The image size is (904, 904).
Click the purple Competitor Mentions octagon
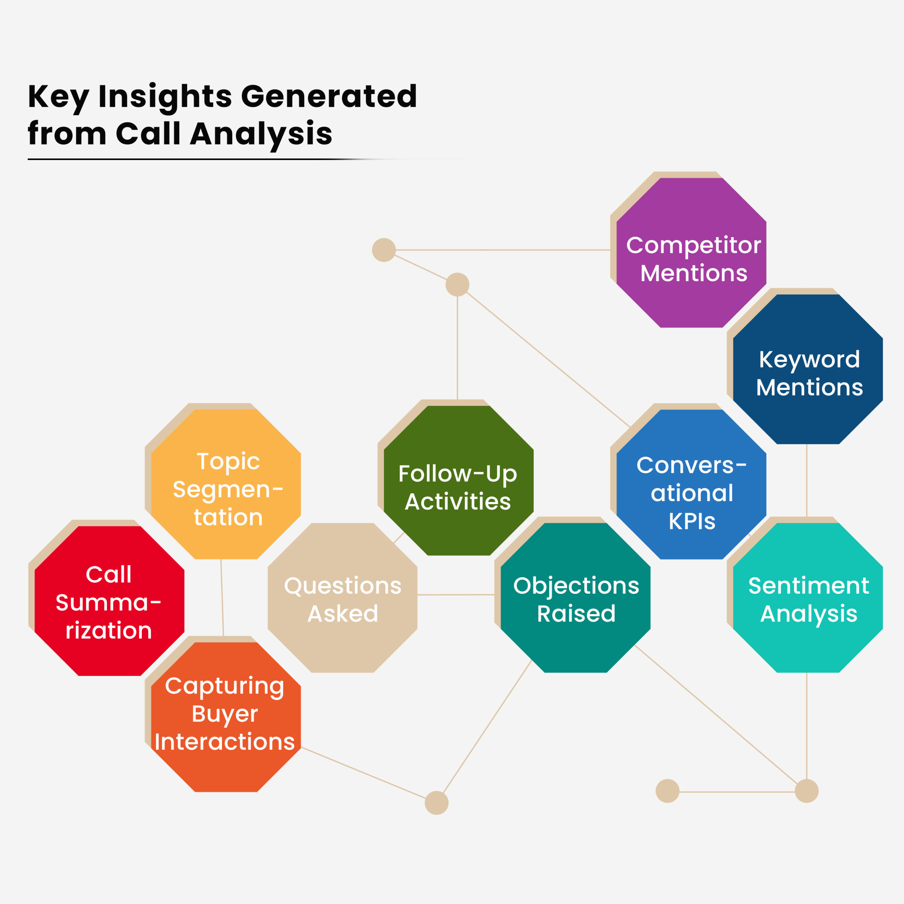tap(691, 253)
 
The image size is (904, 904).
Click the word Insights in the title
tap(165, 96)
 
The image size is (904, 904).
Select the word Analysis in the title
tap(261, 134)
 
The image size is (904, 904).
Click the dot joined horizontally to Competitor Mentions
tap(384, 250)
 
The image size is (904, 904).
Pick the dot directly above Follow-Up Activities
tap(457, 285)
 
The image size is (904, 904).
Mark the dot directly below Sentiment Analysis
tap(807, 791)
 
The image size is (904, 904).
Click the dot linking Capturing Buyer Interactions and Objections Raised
tap(436, 803)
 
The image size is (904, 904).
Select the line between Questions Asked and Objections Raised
tap(456, 595)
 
